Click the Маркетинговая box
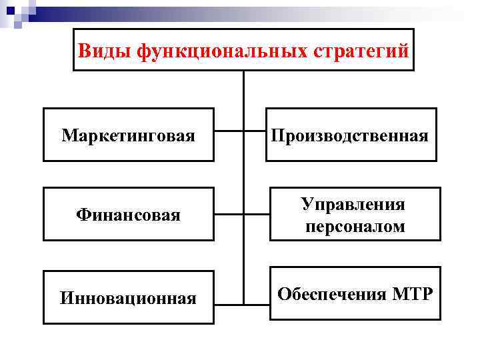[129, 135]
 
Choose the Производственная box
[351, 135]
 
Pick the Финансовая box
[129, 215]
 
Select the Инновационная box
[129, 297]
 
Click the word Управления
[353, 203]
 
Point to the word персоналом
[355, 226]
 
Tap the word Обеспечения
[327, 293]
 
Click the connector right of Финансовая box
[229, 215]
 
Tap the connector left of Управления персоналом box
[257, 215]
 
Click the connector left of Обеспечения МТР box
[257, 296]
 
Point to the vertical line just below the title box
[243, 87]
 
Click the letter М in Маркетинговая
[68, 136]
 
